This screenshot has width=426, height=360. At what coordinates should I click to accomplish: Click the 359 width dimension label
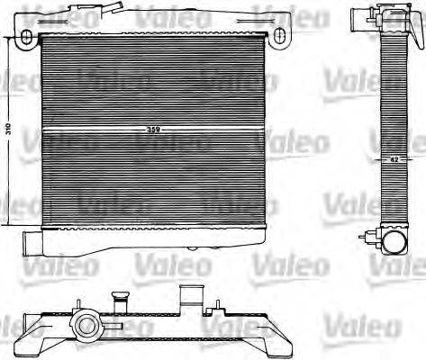(154, 131)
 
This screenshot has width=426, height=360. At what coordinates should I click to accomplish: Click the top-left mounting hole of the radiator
(27, 36)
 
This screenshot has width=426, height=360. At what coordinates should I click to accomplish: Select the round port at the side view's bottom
(394, 240)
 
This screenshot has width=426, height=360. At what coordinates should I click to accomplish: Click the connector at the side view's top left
(359, 17)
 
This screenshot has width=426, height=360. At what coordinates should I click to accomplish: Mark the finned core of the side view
(394, 126)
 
